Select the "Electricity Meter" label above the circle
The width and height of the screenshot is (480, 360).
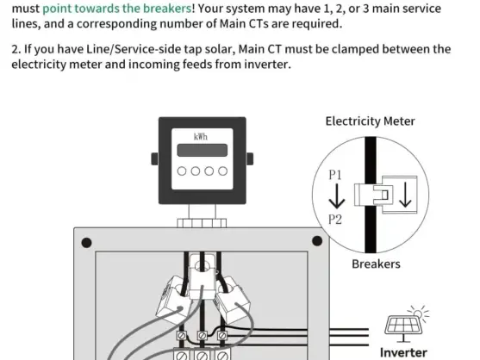point(370,121)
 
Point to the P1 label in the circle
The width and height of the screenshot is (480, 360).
point(336,175)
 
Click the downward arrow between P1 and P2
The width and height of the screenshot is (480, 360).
point(336,198)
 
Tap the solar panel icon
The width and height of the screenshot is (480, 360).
point(404,327)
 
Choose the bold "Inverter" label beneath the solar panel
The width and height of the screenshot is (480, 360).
point(403,352)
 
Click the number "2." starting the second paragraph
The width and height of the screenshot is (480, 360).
point(16,49)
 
